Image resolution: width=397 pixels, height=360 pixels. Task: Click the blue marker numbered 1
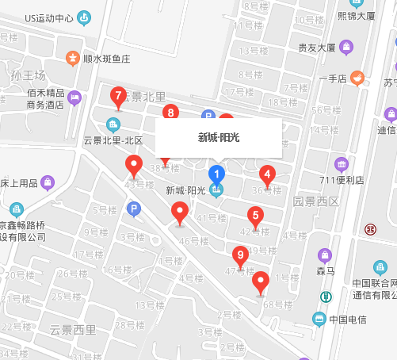click(216, 174)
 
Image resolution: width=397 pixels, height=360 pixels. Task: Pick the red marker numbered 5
click(254, 215)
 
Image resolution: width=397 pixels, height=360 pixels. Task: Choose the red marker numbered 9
click(240, 255)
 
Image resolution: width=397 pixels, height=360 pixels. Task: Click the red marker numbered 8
click(169, 113)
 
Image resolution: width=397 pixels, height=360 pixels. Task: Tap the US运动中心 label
click(49, 17)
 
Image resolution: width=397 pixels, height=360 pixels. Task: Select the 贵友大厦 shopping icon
click(346, 48)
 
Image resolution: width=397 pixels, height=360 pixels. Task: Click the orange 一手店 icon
click(357, 77)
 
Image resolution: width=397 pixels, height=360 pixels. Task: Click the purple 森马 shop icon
click(324, 255)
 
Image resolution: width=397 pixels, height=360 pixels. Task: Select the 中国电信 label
click(347, 320)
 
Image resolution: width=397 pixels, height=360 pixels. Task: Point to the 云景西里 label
click(72, 329)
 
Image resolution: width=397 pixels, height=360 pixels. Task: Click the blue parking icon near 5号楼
click(134, 209)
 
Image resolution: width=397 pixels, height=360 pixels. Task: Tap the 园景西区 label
click(315, 201)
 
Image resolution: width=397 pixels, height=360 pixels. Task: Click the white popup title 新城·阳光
click(219, 137)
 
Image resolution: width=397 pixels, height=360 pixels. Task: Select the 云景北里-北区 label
click(113, 140)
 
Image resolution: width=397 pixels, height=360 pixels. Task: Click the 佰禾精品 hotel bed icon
click(74, 98)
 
